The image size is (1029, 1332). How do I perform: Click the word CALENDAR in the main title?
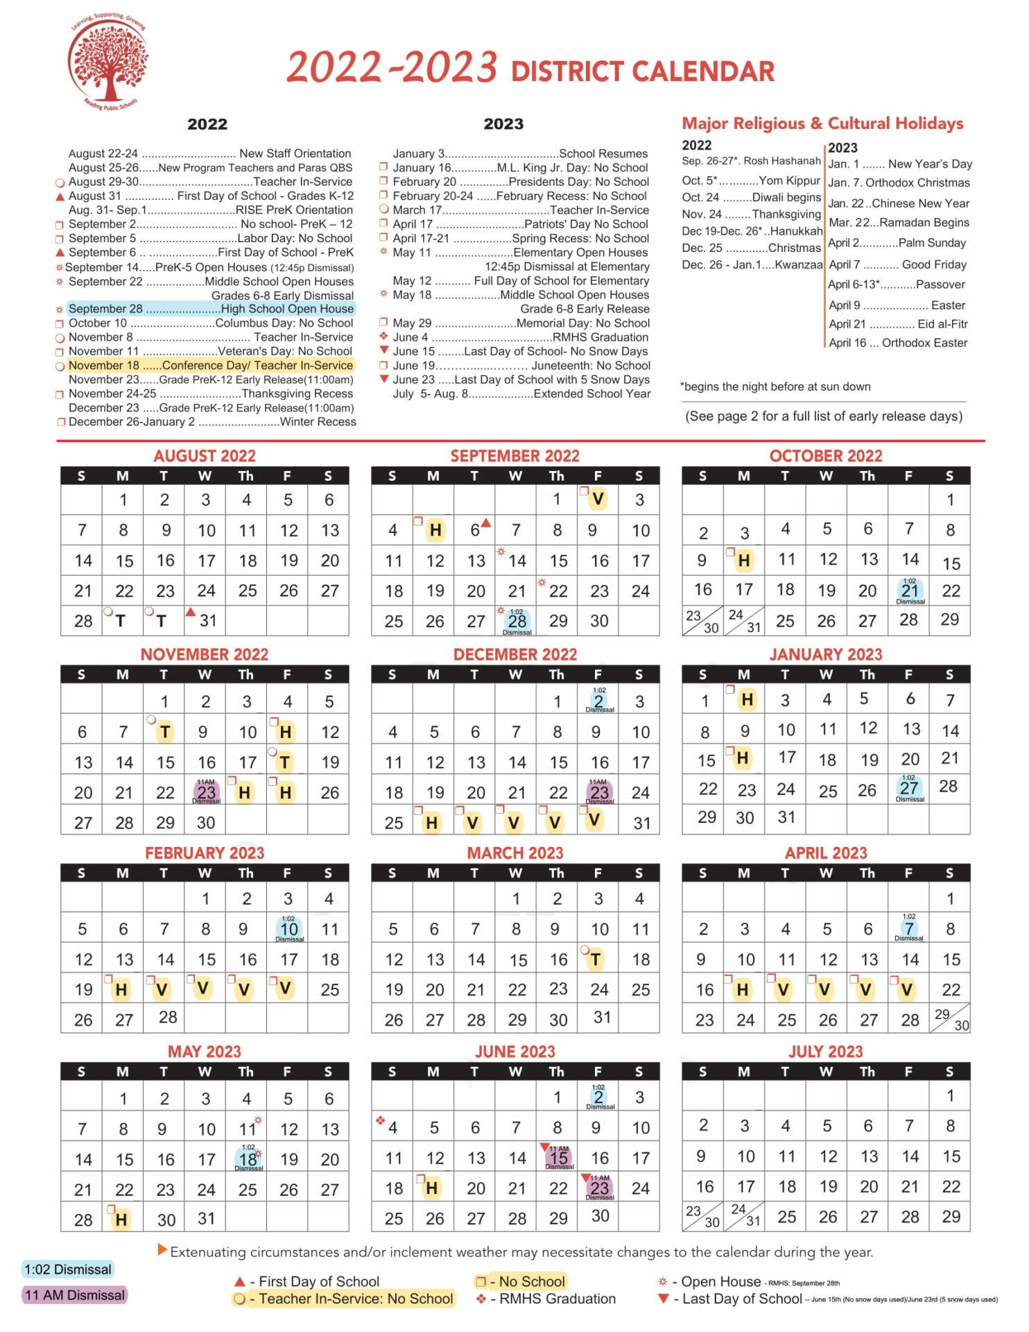[702, 71]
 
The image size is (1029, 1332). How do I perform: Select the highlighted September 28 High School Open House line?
[211, 309]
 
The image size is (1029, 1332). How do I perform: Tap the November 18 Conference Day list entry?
[211, 366]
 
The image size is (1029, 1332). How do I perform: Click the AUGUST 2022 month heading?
[205, 456]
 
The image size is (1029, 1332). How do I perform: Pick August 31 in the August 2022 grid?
[207, 621]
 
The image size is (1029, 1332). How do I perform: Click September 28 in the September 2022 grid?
[517, 621]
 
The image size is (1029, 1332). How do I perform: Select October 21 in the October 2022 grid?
[910, 591]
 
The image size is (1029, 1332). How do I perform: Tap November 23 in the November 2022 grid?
[207, 792]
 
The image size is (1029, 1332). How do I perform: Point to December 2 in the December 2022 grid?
[599, 701]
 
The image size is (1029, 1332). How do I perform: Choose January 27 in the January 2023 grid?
[909, 788]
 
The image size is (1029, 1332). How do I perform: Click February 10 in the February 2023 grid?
[289, 929]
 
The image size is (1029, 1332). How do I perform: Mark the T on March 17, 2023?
[596, 959]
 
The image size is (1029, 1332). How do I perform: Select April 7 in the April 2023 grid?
[909, 928]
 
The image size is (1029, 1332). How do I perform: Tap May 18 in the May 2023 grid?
[248, 1159]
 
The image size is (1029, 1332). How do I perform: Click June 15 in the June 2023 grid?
[559, 1158]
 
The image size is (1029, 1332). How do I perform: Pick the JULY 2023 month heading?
[825, 1052]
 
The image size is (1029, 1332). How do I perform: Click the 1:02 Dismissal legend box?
[68, 1270]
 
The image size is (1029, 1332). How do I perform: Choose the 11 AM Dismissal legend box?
[75, 1295]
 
